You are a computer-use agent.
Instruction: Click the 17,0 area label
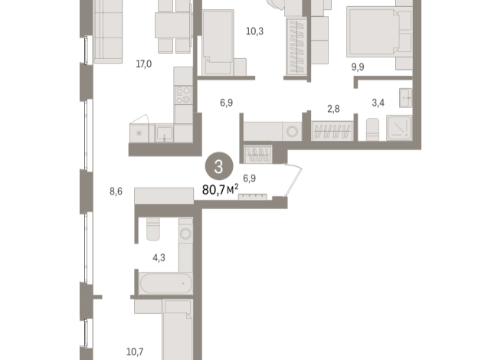point(143,64)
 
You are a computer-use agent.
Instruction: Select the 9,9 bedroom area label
point(359,67)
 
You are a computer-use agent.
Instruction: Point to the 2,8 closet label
point(333,110)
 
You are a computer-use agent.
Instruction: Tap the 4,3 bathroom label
point(159,257)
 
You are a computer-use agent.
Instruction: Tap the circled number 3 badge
point(220,165)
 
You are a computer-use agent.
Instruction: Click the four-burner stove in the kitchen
point(183,95)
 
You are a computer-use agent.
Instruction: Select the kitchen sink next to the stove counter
point(163,133)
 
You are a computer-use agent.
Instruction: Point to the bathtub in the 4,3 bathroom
point(162,283)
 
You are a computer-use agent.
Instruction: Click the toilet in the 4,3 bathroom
point(152,229)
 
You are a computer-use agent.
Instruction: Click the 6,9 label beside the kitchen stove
point(226,101)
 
